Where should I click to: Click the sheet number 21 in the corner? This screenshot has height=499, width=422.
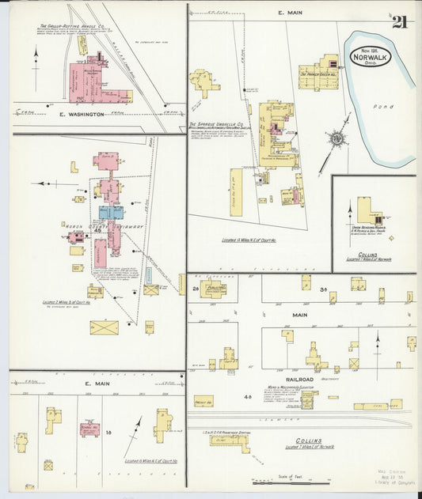400,21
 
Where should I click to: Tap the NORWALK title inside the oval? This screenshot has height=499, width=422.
371,58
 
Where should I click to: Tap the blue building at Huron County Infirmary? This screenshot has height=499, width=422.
111,212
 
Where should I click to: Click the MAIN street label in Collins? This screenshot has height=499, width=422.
299,314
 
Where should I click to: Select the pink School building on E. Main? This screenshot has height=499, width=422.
89,430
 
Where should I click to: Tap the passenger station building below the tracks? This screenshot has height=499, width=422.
229,440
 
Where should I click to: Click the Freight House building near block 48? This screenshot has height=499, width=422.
203,401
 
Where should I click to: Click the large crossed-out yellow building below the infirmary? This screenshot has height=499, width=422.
104,327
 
